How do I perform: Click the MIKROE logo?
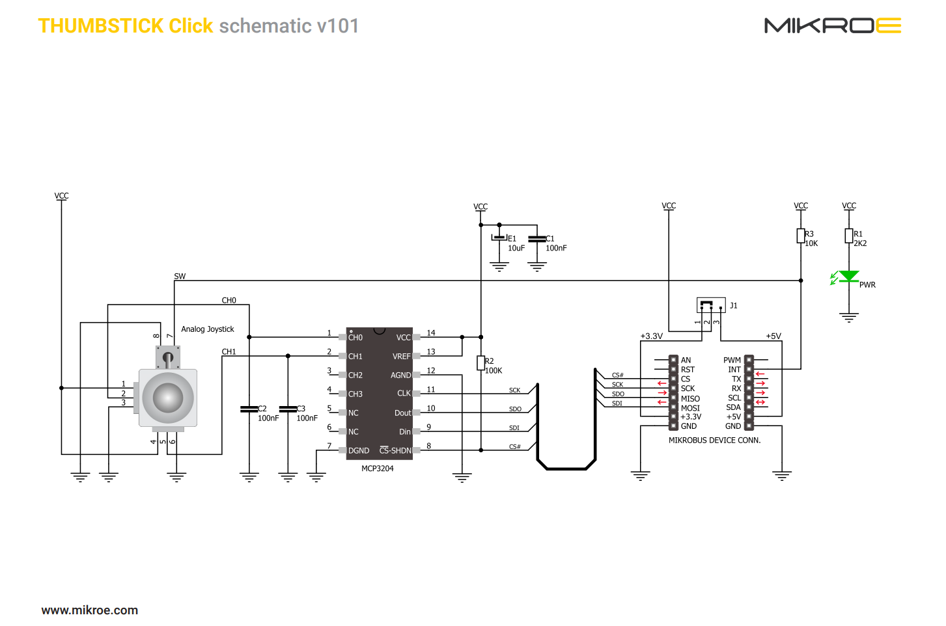832,25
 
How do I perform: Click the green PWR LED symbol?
848,277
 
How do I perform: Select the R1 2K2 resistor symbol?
849,236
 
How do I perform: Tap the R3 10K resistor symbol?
801,236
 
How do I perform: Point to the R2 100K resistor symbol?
480,363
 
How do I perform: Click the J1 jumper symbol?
710,305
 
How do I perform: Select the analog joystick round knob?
168,397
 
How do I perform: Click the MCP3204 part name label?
377,469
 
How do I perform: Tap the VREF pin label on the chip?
401,357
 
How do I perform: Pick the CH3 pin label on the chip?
355,394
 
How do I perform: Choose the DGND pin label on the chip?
359,451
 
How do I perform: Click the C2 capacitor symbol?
249,409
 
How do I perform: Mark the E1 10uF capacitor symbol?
499,238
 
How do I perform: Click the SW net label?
180,277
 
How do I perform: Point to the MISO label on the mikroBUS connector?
690,399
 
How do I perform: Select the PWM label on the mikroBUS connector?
732,361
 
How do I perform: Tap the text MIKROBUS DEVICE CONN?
714,441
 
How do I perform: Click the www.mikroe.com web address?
90,610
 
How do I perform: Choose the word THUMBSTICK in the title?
101,26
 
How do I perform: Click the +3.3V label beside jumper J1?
651,336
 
